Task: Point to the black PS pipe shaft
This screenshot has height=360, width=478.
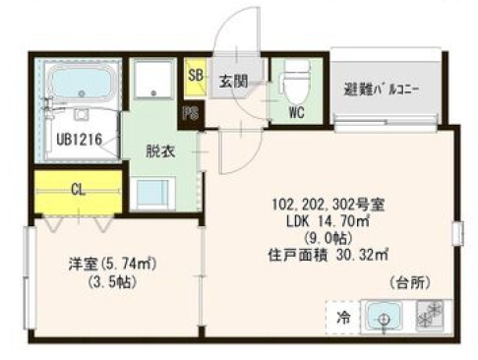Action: [190, 113]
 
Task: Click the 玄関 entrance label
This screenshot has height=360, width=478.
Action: [232, 81]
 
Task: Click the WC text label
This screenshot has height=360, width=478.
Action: [296, 112]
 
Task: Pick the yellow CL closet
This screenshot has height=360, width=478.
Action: [77, 190]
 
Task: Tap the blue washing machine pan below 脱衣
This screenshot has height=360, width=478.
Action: [155, 192]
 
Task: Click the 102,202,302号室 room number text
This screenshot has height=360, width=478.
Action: [328, 206]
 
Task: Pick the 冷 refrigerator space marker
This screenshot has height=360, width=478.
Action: [343, 317]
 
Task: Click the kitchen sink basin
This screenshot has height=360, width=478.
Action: [383, 317]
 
